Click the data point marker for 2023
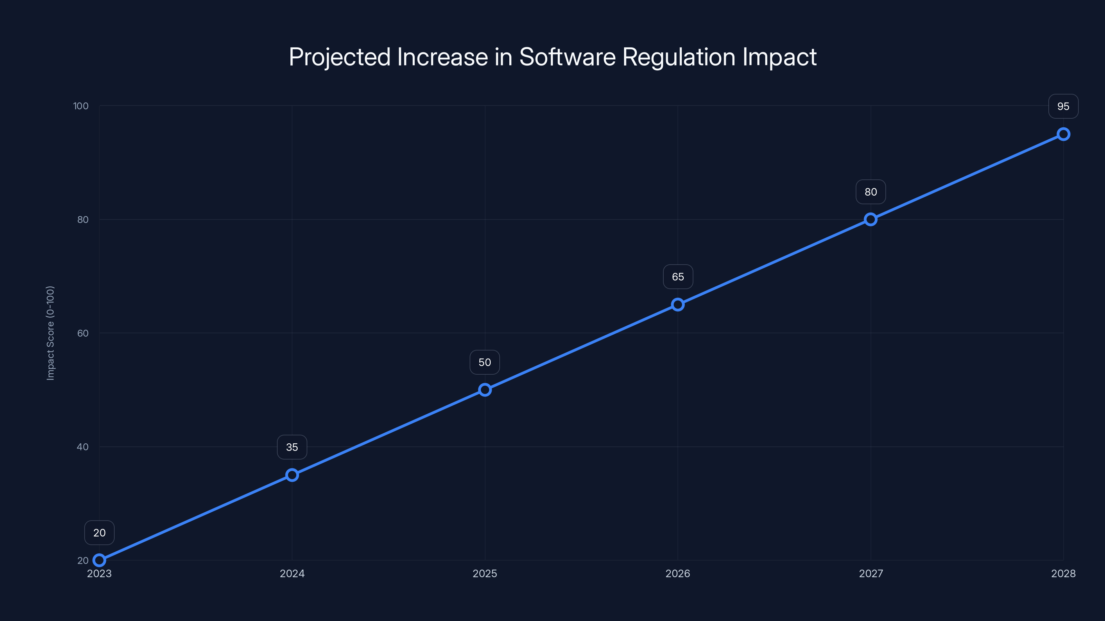99,560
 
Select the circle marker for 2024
292,475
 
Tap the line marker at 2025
485,390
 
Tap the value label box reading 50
485,362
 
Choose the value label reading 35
292,447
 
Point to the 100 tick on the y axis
81,106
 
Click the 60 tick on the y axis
83,333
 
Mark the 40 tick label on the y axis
83,446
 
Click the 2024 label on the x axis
292,573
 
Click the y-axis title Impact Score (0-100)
50,333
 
